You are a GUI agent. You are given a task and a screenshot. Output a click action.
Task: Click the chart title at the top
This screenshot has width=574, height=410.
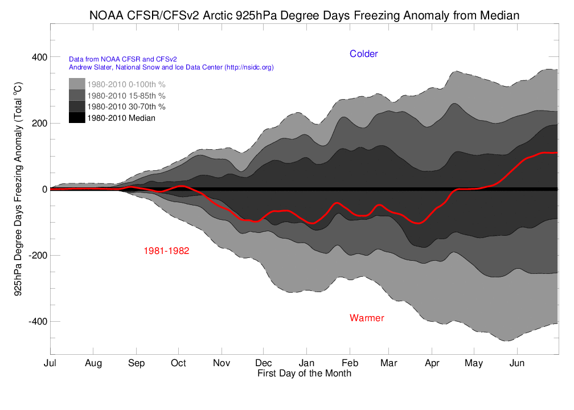tap(304, 15)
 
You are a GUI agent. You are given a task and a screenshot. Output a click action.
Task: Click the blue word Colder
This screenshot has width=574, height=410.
tap(363, 54)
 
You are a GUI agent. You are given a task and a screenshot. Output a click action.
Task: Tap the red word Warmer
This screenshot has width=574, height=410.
tap(367, 318)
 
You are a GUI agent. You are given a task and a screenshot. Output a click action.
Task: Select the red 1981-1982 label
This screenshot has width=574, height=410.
tap(166, 251)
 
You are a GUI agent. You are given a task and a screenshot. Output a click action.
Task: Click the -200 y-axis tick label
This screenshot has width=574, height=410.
tap(36, 256)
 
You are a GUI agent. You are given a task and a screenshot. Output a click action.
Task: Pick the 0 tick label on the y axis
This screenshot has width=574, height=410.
tap(43, 190)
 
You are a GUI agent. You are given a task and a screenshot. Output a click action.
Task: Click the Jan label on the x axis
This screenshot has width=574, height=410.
tap(306, 363)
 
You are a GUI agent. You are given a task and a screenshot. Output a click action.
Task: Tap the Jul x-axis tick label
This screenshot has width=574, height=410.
tap(50, 363)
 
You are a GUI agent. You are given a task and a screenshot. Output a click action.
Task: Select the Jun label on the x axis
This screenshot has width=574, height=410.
tap(516, 363)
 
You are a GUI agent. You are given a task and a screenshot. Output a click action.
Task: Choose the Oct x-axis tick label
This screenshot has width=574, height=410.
tap(178, 363)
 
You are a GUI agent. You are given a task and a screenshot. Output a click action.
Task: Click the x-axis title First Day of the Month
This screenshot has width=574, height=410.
tap(304, 374)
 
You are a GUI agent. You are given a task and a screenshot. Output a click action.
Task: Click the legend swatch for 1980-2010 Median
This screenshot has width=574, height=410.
tap(77, 118)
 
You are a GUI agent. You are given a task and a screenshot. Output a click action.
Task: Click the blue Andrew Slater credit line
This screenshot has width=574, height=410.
tap(171, 67)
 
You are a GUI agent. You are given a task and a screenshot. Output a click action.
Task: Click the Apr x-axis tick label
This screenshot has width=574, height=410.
tap(432, 363)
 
